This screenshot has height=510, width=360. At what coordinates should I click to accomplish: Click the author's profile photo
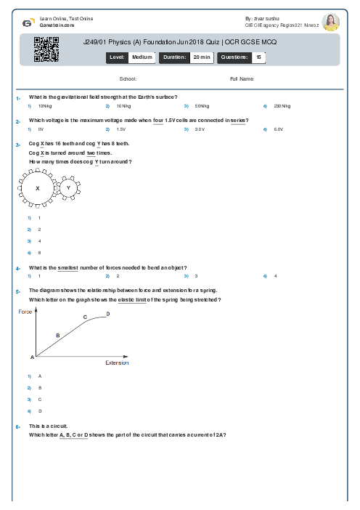point(330,22)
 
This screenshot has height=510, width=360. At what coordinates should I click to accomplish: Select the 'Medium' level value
point(142,56)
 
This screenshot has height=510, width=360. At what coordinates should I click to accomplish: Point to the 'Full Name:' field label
point(242,78)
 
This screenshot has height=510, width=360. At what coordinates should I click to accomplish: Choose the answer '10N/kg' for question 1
point(45,106)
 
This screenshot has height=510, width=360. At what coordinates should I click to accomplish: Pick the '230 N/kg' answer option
point(282,106)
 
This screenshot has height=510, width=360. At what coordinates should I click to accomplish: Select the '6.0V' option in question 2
point(278,129)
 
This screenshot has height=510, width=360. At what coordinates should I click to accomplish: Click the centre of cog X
point(36,188)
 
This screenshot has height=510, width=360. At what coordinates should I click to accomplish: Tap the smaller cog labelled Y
point(68,187)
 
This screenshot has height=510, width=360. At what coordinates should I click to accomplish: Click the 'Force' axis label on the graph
point(25,311)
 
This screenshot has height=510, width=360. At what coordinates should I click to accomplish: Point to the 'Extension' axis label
point(117,363)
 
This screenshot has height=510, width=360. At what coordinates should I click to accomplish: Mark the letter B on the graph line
point(58,335)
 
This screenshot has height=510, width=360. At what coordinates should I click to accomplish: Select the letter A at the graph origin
point(32,357)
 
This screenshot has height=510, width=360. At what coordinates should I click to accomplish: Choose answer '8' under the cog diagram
point(39,252)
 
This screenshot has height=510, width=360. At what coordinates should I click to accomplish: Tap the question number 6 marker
point(17,426)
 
